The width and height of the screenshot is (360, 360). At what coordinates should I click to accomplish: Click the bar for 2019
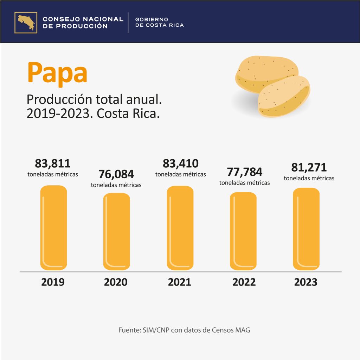pyautogui.click(x=53, y=228)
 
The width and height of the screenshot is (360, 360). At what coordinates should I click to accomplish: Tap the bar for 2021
pyautogui.click(x=180, y=228)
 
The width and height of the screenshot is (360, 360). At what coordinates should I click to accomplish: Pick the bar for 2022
pyautogui.click(x=243, y=231)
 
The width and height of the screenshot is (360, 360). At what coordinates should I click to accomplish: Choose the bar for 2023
pyautogui.click(x=306, y=229)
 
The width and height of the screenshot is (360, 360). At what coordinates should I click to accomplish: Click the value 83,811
pyautogui.click(x=53, y=163)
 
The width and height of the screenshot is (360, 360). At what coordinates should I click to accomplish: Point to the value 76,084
pyautogui.click(x=116, y=174)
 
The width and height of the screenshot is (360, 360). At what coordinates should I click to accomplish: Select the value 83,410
pyautogui.click(x=180, y=163)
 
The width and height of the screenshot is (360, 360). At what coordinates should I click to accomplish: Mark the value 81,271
pyautogui.click(x=309, y=167)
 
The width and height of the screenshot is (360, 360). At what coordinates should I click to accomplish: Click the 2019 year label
pyautogui.click(x=53, y=282)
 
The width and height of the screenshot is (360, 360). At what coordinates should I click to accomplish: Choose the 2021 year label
pyautogui.click(x=179, y=282)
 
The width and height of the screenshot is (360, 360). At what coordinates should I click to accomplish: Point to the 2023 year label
pyautogui.click(x=306, y=282)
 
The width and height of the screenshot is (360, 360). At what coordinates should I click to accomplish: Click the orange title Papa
pyautogui.click(x=57, y=73)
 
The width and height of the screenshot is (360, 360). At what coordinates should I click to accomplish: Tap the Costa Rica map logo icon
pyautogui.click(x=26, y=23)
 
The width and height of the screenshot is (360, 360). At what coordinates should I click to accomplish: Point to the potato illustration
pyautogui.click(x=272, y=86)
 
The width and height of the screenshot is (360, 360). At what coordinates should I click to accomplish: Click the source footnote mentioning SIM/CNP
pyautogui.click(x=184, y=330)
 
